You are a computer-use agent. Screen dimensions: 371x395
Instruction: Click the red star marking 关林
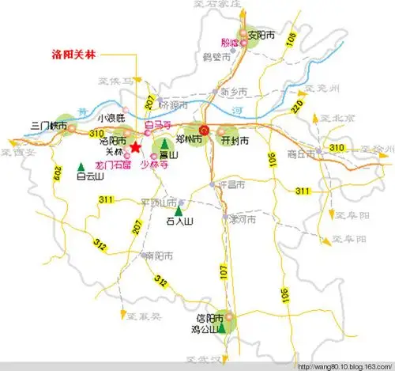coord(136,146)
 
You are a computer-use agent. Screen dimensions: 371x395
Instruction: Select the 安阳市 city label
coord(262,35)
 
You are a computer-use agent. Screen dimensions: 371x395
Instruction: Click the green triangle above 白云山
coord(82,165)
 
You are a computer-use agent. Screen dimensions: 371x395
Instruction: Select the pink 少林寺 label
coord(154,165)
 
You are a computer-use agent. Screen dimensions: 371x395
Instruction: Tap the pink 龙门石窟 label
coord(111,165)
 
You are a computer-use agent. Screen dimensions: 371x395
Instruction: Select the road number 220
coord(296,105)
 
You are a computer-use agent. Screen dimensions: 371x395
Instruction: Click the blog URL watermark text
coord(346,365)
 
